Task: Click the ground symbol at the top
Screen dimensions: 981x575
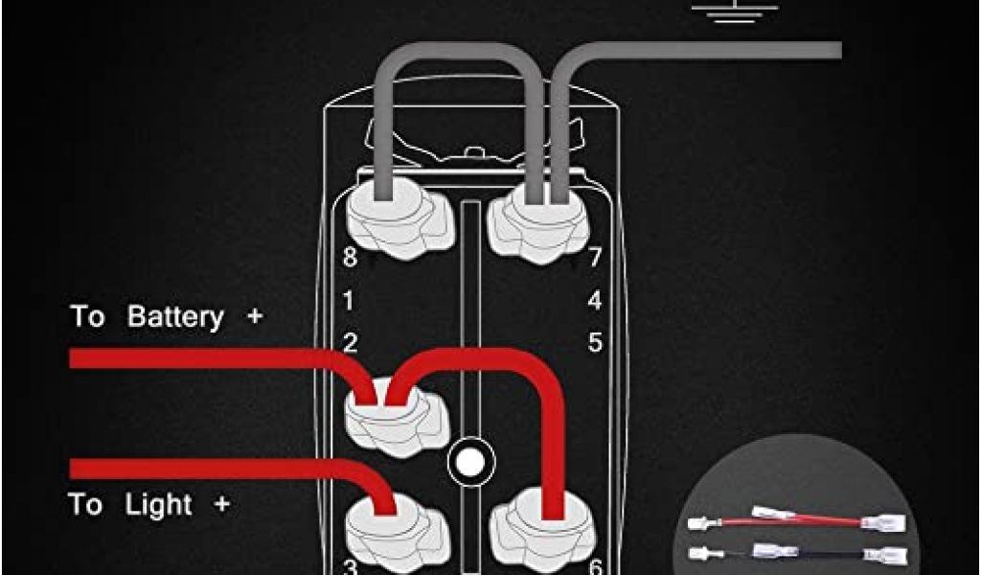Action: [735, 11]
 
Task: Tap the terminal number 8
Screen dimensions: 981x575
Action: [351, 257]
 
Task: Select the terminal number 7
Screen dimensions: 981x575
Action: [595, 257]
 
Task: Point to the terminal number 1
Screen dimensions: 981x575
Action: [349, 301]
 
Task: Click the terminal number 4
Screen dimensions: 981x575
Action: [595, 301]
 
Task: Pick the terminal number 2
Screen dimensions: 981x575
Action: [351, 343]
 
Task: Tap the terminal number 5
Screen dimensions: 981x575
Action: [596, 343]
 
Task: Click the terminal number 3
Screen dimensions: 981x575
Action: [351, 567]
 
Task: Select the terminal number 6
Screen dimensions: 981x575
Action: [596, 567]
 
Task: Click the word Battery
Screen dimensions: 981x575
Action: [175, 317]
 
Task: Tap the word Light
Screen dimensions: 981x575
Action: [158, 505]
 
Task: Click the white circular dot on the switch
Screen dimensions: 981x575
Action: [470, 462]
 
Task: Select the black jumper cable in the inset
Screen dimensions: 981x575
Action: [797, 552]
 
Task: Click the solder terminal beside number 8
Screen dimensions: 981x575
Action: [399, 218]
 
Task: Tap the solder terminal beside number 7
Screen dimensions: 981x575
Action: [538, 223]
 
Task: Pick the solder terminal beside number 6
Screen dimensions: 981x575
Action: [542, 531]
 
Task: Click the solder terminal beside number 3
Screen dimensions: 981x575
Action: [398, 533]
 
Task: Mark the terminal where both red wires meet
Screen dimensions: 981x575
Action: [397, 416]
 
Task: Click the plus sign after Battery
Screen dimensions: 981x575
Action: [254, 316]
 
